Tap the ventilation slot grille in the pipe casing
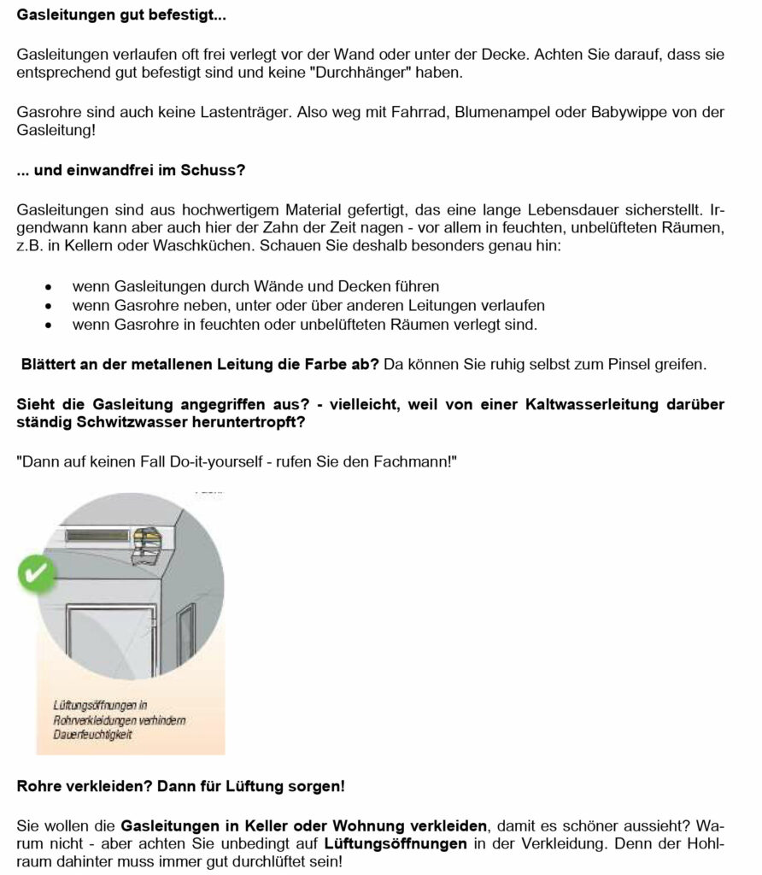101,536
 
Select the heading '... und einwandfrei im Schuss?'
131,170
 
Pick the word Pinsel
633,365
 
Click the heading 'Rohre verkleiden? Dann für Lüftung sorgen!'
180,784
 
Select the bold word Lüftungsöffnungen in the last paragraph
396,844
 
